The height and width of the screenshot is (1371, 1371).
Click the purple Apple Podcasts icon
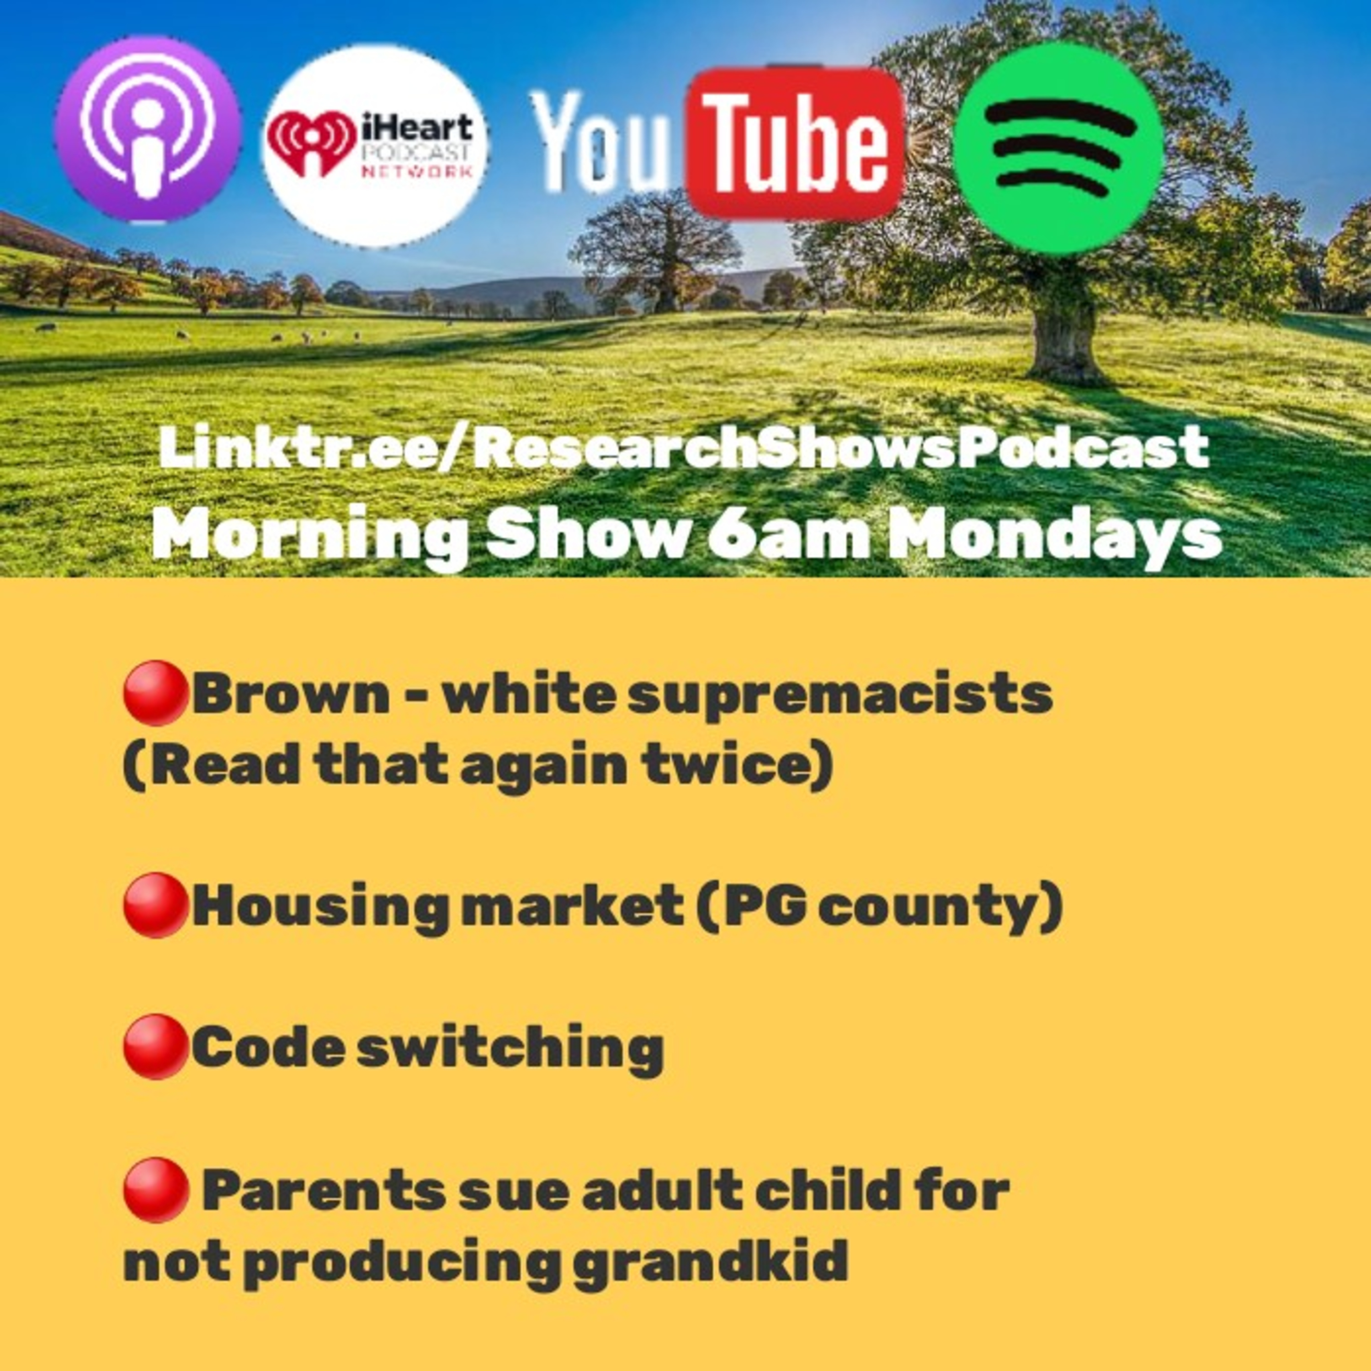tap(148, 130)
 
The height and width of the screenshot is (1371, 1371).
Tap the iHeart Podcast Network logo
tap(375, 145)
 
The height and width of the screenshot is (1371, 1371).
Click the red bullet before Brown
tap(155, 693)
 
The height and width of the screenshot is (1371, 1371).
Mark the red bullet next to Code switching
tap(155, 1047)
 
